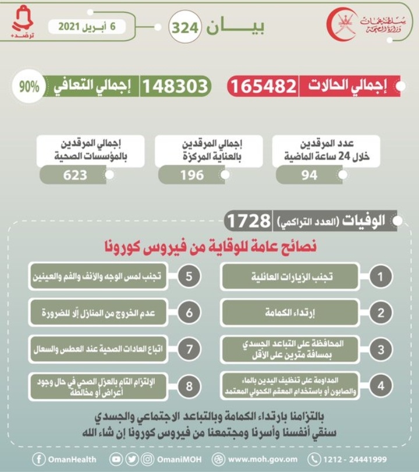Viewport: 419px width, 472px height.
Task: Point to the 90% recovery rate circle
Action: coord(29,86)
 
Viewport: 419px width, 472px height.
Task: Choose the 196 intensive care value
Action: coord(191,175)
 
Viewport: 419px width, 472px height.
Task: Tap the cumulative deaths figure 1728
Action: coord(248,221)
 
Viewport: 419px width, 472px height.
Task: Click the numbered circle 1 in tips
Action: coord(380,277)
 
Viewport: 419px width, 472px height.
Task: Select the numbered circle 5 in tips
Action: coord(189,277)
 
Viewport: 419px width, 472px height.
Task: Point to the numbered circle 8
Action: coord(189,386)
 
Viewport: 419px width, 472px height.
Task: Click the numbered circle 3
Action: coord(380,349)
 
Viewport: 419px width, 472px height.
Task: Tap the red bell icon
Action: coord(24,20)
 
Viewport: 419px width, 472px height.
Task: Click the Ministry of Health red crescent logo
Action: coord(342,24)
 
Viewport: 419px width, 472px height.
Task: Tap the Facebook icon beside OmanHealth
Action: coord(40,459)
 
